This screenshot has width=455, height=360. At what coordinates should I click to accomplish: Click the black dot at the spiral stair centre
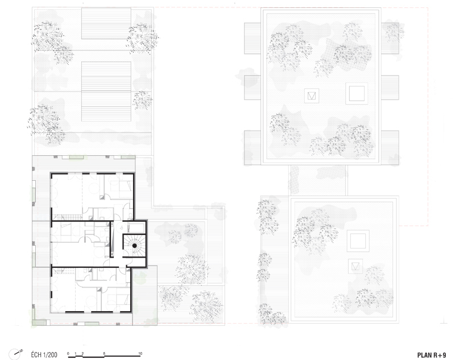[x=135, y=246]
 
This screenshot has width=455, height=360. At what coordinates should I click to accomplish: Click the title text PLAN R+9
[x=432, y=355]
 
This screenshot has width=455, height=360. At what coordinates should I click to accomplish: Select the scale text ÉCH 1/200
[x=44, y=355]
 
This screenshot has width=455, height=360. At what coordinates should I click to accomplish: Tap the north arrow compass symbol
[x=15, y=354]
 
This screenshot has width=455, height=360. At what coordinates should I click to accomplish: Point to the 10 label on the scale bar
[x=140, y=354]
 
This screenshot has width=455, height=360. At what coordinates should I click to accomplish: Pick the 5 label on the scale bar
[x=105, y=354]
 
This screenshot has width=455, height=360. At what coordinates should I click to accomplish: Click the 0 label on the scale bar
[x=68, y=354]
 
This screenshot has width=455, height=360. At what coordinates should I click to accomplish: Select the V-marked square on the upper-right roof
[x=312, y=96]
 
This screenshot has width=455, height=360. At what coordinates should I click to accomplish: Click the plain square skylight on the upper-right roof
[x=357, y=93]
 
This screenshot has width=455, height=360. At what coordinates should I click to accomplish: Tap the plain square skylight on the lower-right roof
[x=358, y=241]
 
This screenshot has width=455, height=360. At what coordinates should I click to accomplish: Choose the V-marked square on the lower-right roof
[x=355, y=266]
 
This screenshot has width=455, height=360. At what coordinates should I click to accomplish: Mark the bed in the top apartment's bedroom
[x=119, y=184]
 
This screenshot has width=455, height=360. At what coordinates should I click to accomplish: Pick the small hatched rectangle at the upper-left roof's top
[x=106, y=23]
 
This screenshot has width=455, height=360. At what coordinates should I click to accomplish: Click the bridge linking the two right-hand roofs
[x=318, y=180]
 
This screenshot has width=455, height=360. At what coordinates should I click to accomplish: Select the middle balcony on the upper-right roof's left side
[x=253, y=88]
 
